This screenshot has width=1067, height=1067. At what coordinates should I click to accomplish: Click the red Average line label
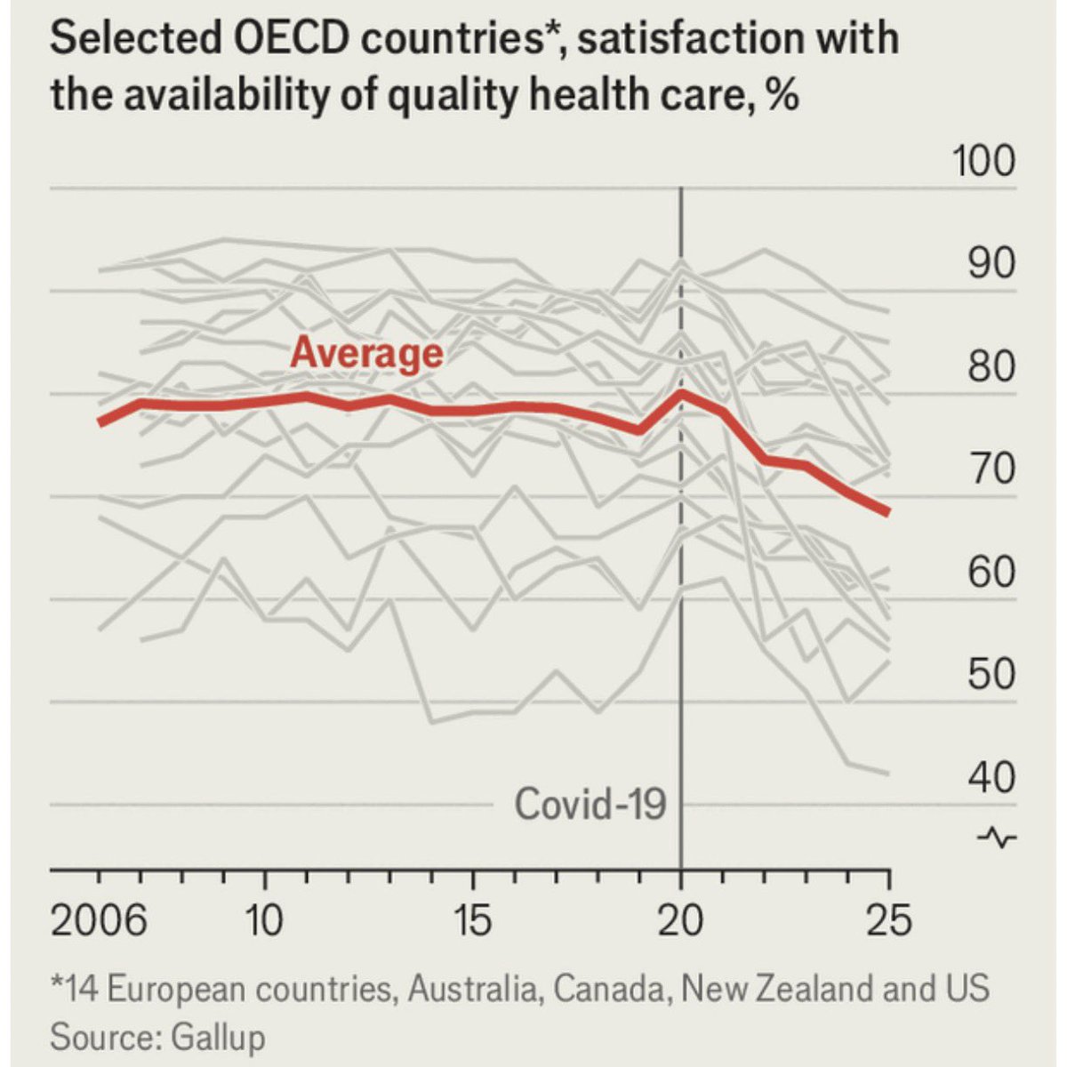(366, 353)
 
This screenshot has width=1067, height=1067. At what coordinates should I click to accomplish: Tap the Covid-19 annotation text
(590, 806)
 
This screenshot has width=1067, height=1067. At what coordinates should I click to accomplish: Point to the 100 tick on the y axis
(983, 162)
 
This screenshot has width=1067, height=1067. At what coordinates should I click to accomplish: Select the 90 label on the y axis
(991, 264)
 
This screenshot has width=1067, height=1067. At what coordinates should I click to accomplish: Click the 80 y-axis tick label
(991, 366)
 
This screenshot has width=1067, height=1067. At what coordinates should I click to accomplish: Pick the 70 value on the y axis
(991, 469)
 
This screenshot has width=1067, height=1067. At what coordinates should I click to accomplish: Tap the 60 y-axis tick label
(991, 572)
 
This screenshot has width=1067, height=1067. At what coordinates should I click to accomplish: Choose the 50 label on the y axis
(991, 674)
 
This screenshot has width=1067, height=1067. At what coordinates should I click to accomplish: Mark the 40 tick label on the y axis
(991, 777)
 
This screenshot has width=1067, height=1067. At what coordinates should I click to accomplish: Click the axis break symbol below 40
(997, 838)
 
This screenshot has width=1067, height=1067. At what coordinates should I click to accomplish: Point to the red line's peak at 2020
(681, 392)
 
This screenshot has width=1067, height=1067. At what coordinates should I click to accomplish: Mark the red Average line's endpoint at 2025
(887, 511)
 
